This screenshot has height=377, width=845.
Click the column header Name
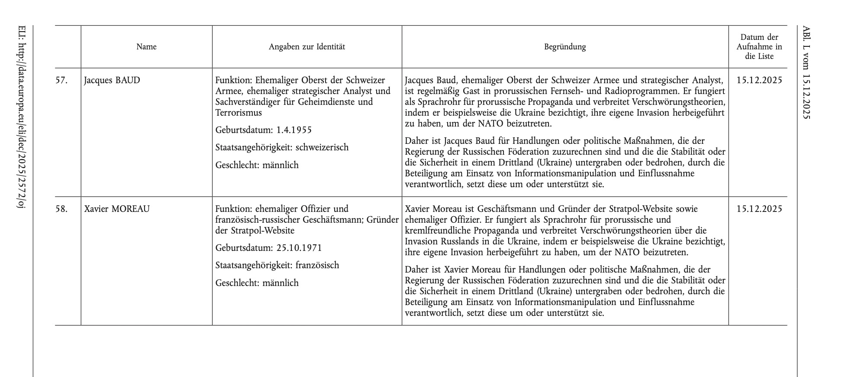pos(146,47)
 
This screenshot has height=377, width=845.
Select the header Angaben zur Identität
pos(307,47)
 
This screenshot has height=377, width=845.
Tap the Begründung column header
pos(565,47)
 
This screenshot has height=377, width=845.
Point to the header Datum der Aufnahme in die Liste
pos(759,47)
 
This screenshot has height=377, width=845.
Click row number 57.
pos(61,80)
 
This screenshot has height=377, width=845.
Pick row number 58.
pos(61,209)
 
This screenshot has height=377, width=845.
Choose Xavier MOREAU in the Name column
pos(117,209)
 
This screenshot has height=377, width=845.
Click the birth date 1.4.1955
pos(294,130)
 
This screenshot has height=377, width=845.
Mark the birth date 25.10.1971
pos(299,248)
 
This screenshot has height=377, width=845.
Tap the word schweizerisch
pos(322,147)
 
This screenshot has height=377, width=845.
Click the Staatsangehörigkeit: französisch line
pos(277,265)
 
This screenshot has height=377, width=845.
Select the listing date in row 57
pos(759,80)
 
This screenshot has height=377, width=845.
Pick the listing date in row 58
pos(759,209)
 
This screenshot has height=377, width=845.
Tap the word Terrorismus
pos(239,113)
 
